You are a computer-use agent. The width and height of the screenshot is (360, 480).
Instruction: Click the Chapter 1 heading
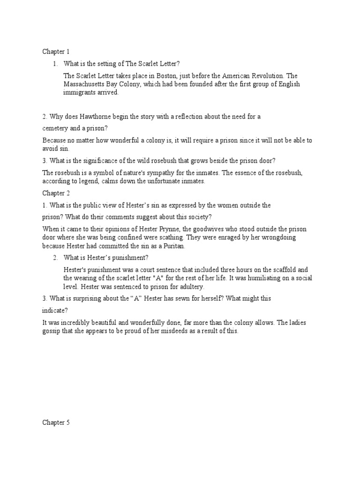56,51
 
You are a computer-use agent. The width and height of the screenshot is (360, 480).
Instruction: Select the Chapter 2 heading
56,192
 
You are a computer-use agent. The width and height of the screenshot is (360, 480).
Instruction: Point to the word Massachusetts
85,84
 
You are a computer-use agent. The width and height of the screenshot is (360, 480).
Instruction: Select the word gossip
52,331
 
